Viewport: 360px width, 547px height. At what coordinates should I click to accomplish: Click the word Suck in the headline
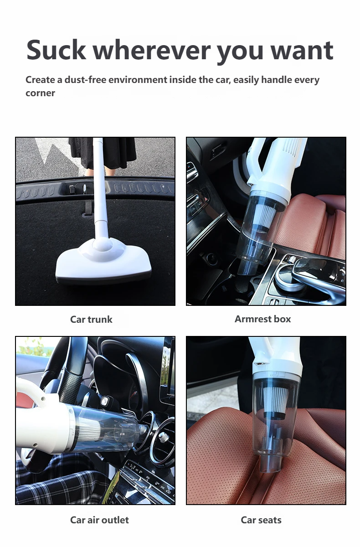[x=56, y=50]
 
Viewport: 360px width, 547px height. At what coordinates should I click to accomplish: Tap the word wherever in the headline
[x=152, y=50]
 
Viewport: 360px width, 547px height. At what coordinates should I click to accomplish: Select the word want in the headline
[x=302, y=51]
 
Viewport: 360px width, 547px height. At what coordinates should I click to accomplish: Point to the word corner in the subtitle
[x=40, y=93]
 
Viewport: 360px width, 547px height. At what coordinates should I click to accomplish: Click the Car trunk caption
[x=91, y=320]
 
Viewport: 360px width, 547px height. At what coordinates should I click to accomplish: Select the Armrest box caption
[x=262, y=319]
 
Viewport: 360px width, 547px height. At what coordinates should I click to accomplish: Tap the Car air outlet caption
[x=99, y=520]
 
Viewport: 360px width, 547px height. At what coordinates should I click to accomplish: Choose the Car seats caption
[x=261, y=520]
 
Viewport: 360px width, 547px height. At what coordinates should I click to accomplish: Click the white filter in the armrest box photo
[x=265, y=212]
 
